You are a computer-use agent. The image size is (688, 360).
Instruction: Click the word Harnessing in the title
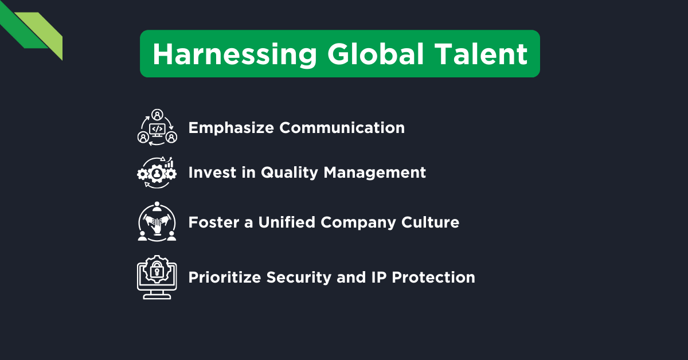(234, 54)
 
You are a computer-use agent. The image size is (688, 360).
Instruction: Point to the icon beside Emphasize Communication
(157, 127)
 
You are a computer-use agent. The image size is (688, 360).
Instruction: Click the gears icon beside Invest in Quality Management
(157, 173)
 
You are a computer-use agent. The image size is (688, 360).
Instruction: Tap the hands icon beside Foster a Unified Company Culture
(157, 222)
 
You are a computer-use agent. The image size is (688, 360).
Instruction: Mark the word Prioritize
(225, 278)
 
